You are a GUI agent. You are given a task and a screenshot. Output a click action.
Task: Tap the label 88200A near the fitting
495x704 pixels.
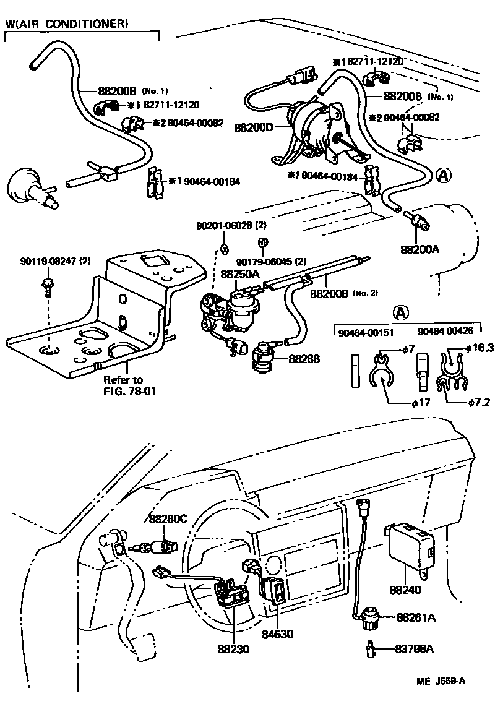point(419,249)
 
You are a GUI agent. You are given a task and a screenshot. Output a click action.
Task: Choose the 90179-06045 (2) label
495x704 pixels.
point(274,261)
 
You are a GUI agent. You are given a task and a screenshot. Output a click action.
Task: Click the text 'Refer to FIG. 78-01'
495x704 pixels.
point(123,384)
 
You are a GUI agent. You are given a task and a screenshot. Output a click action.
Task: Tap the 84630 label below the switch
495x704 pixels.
point(277,633)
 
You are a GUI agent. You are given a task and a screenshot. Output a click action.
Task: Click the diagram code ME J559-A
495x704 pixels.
point(440,681)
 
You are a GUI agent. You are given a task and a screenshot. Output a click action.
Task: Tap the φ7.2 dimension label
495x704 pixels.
point(478,402)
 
